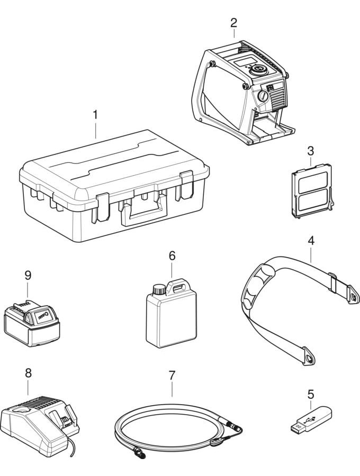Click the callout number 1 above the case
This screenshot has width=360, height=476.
[x=95, y=114]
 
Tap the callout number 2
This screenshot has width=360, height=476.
[x=233, y=22]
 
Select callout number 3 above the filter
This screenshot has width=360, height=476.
[x=310, y=150]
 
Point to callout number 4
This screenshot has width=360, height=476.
[x=311, y=241]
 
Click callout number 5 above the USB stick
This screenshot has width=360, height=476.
[x=311, y=394]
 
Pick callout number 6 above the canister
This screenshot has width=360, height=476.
[x=172, y=255]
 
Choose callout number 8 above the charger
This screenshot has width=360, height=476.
[x=29, y=373]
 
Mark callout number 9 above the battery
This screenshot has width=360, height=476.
[x=28, y=275]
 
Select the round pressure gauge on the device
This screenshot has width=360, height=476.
[x=262, y=96]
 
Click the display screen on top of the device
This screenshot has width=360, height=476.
[x=244, y=63]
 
